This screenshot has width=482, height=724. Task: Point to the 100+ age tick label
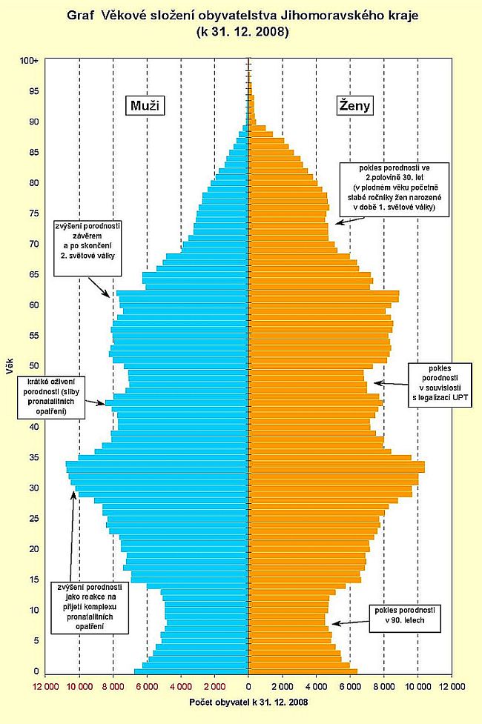click(x=30, y=61)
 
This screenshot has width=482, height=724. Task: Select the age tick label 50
click(x=33, y=365)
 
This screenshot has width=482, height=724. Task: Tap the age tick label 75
click(x=33, y=213)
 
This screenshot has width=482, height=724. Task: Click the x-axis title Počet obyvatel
click(x=248, y=701)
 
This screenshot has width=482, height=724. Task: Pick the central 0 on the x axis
click(x=248, y=685)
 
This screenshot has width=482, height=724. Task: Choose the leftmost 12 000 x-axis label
click(x=44, y=685)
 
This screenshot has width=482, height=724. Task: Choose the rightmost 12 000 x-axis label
click(x=452, y=685)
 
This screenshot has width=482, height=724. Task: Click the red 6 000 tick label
click(x=147, y=685)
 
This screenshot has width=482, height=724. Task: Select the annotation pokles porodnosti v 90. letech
click(x=404, y=615)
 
